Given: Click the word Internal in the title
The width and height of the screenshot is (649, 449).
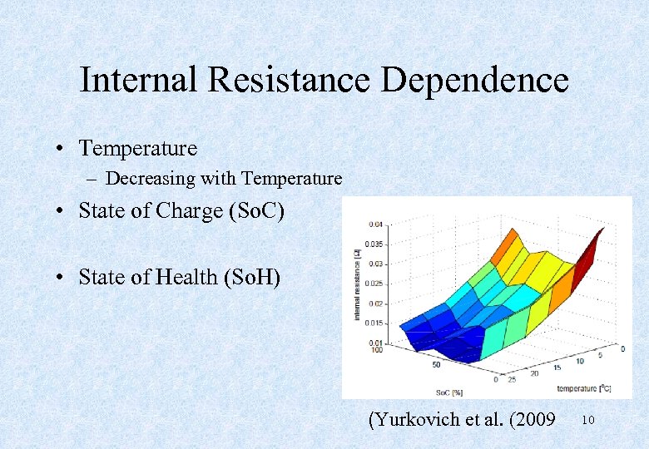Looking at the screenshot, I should point(138,81).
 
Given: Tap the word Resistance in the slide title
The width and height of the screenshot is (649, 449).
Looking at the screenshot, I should point(289,81).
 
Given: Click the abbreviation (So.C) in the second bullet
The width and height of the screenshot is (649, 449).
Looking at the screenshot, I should point(254,211).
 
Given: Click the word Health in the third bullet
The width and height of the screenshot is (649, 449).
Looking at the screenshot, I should point(187,277).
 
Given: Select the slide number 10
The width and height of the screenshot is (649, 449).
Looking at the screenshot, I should point(588,421).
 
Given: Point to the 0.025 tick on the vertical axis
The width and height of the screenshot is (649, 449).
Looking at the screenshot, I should point(375,284).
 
